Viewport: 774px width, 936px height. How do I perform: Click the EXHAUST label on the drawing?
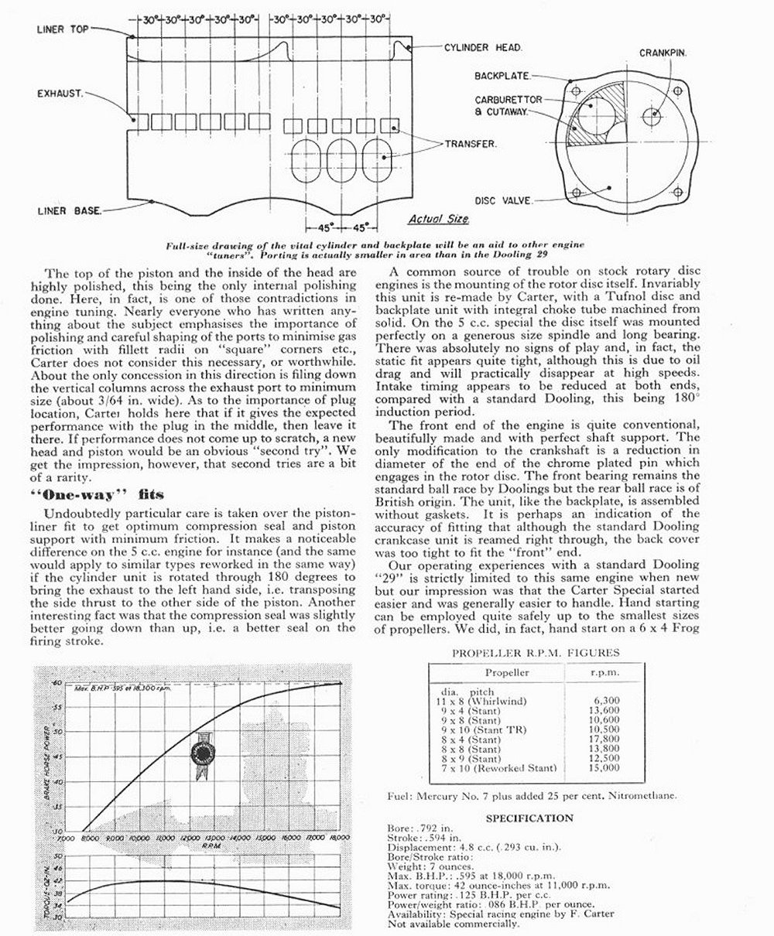pos(59,94)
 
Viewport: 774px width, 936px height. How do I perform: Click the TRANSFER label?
pos(470,143)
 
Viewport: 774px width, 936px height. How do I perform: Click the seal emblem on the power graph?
pos(204,753)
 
